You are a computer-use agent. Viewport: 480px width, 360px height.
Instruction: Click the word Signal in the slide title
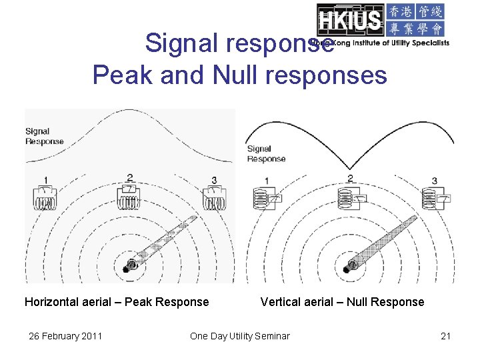pyautogui.click(x=181, y=43)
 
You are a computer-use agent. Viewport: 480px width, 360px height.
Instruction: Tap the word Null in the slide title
pyautogui.click(x=236, y=75)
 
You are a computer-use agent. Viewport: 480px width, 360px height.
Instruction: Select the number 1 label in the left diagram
pyautogui.click(x=45, y=179)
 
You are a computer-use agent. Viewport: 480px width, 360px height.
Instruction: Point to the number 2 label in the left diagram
pyautogui.click(x=130, y=178)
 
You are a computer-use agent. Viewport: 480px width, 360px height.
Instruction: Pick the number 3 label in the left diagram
pyautogui.click(x=214, y=179)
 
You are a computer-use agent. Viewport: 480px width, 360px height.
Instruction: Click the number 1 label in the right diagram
pyautogui.click(x=267, y=181)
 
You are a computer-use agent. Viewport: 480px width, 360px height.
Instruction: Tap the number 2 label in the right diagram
pyautogui.click(x=350, y=179)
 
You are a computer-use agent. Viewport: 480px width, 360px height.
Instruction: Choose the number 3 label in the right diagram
pyautogui.click(x=434, y=181)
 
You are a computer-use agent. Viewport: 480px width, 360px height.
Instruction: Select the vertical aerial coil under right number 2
pyautogui.click(x=345, y=198)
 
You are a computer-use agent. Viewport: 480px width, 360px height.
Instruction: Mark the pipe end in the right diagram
pyautogui.click(x=347, y=268)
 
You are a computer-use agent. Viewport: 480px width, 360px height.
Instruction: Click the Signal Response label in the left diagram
pyautogui.click(x=44, y=136)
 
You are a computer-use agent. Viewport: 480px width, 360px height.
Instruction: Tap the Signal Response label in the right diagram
pyautogui.click(x=266, y=154)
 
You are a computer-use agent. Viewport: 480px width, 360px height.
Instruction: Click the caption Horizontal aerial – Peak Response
pyautogui.click(x=117, y=302)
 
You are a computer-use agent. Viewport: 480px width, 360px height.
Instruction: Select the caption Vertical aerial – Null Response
pyautogui.click(x=342, y=302)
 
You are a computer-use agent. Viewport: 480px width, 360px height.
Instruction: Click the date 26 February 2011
pyautogui.click(x=65, y=336)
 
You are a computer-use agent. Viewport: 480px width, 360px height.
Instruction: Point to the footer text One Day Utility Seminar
pyautogui.click(x=240, y=336)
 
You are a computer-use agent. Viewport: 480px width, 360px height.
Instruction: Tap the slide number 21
pyautogui.click(x=446, y=336)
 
